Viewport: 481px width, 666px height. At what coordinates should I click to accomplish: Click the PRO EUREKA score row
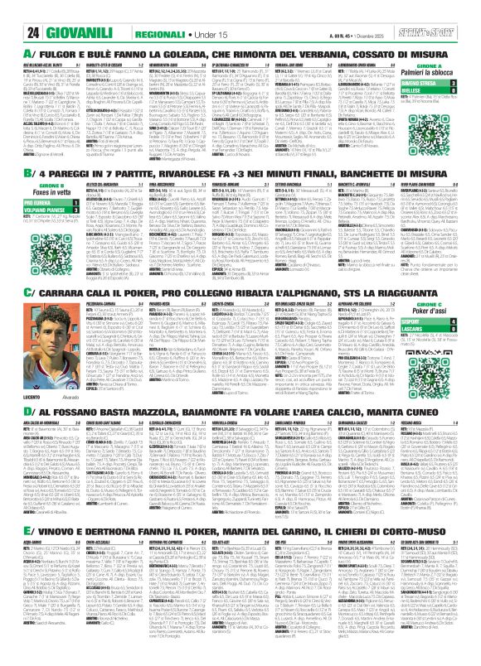[x=40, y=203]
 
